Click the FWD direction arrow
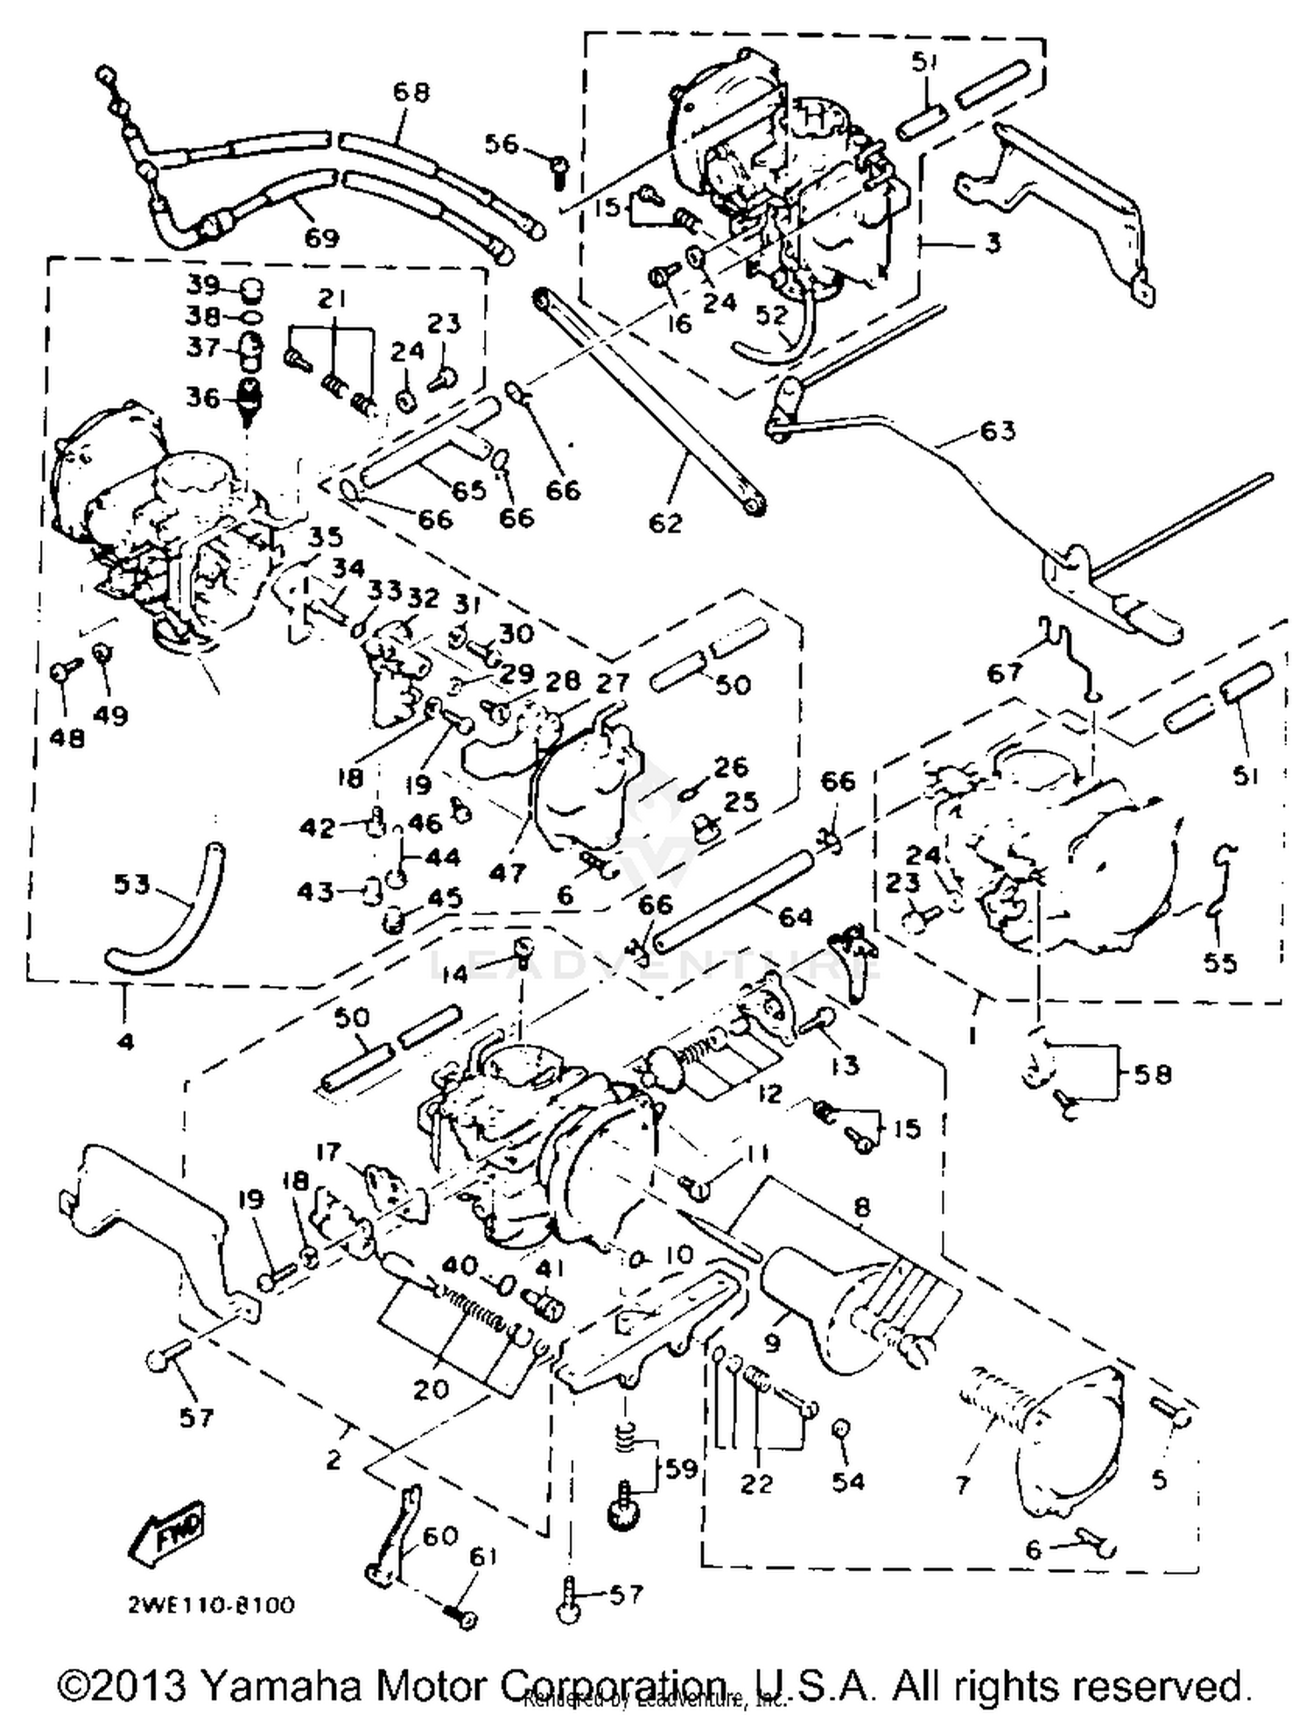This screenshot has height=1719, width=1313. point(167,1532)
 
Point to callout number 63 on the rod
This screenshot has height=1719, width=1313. point(997,431)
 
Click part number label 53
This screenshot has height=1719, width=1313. point(131,884)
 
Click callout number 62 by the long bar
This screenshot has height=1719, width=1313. point(665,523)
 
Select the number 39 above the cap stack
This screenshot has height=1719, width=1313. point(203,286)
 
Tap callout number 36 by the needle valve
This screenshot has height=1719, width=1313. point(203,398)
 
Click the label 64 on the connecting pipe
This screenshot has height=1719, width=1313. point(794,917)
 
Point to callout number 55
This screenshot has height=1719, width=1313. point(1220,962)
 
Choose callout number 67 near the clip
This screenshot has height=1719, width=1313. point(1004,672)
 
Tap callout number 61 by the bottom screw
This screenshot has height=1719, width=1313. point(482,1557)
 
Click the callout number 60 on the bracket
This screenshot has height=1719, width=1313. point(440,1534)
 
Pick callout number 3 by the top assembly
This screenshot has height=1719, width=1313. point(992,243)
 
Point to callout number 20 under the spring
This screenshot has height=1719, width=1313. point(431,1389)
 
